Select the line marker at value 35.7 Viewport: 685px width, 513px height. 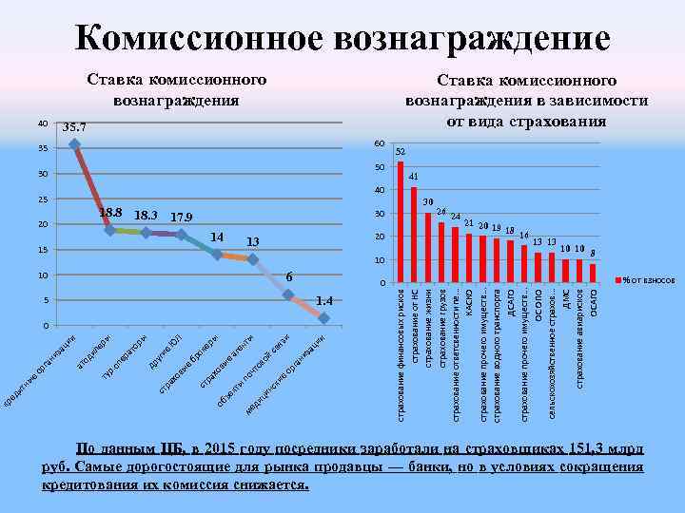tap(75, 144)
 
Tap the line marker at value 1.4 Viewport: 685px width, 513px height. tap(324, 317)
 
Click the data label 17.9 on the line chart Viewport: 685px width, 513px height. tap(181, 218)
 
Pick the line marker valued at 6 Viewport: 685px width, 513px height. tap(288, 295)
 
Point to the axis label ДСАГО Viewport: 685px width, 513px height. tap(510, 305)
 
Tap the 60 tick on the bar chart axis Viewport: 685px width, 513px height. tap(379, 143)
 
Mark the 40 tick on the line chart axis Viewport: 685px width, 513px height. tap(43, 123)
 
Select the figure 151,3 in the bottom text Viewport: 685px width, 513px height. tap(585, 448)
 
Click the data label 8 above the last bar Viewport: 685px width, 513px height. tap(593, 253)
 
